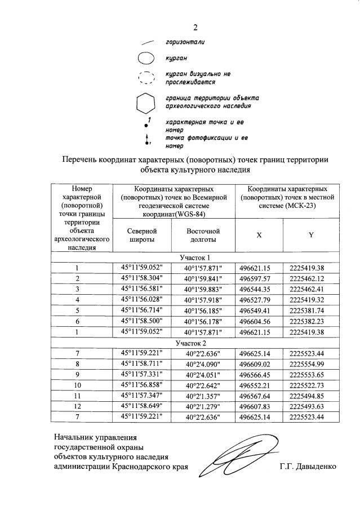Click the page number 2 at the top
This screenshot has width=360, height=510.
[195, 27]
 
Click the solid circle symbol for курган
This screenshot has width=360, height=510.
[145, 57]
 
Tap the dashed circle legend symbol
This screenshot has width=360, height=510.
[145, 78]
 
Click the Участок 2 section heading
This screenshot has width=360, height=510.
[191, 343]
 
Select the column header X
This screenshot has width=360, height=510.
[259, 236]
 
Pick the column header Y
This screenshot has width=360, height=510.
[310, 236]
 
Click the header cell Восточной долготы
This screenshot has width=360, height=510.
[203, 236]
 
